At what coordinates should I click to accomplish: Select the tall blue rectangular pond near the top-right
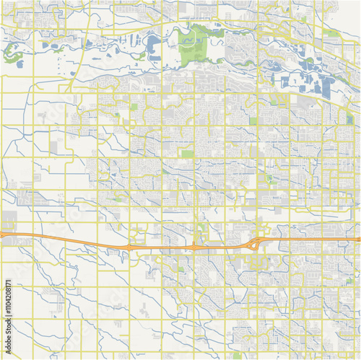[327, 87]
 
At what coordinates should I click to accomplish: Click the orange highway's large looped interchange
[255, 245]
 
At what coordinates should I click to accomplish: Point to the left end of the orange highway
[2, 234]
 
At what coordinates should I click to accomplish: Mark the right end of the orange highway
[358, 239]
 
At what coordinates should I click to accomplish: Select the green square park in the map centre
[187, 154]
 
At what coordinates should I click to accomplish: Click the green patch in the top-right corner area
[331, 33]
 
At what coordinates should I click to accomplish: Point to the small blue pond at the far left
[19, 64]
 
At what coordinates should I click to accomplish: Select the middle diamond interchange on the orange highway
[193, 247]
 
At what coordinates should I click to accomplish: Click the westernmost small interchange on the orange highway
[129, 247]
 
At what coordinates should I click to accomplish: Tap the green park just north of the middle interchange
[202, 226]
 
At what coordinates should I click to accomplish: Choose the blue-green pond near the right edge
[349, 118]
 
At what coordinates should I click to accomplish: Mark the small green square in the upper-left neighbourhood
[134, 107]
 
